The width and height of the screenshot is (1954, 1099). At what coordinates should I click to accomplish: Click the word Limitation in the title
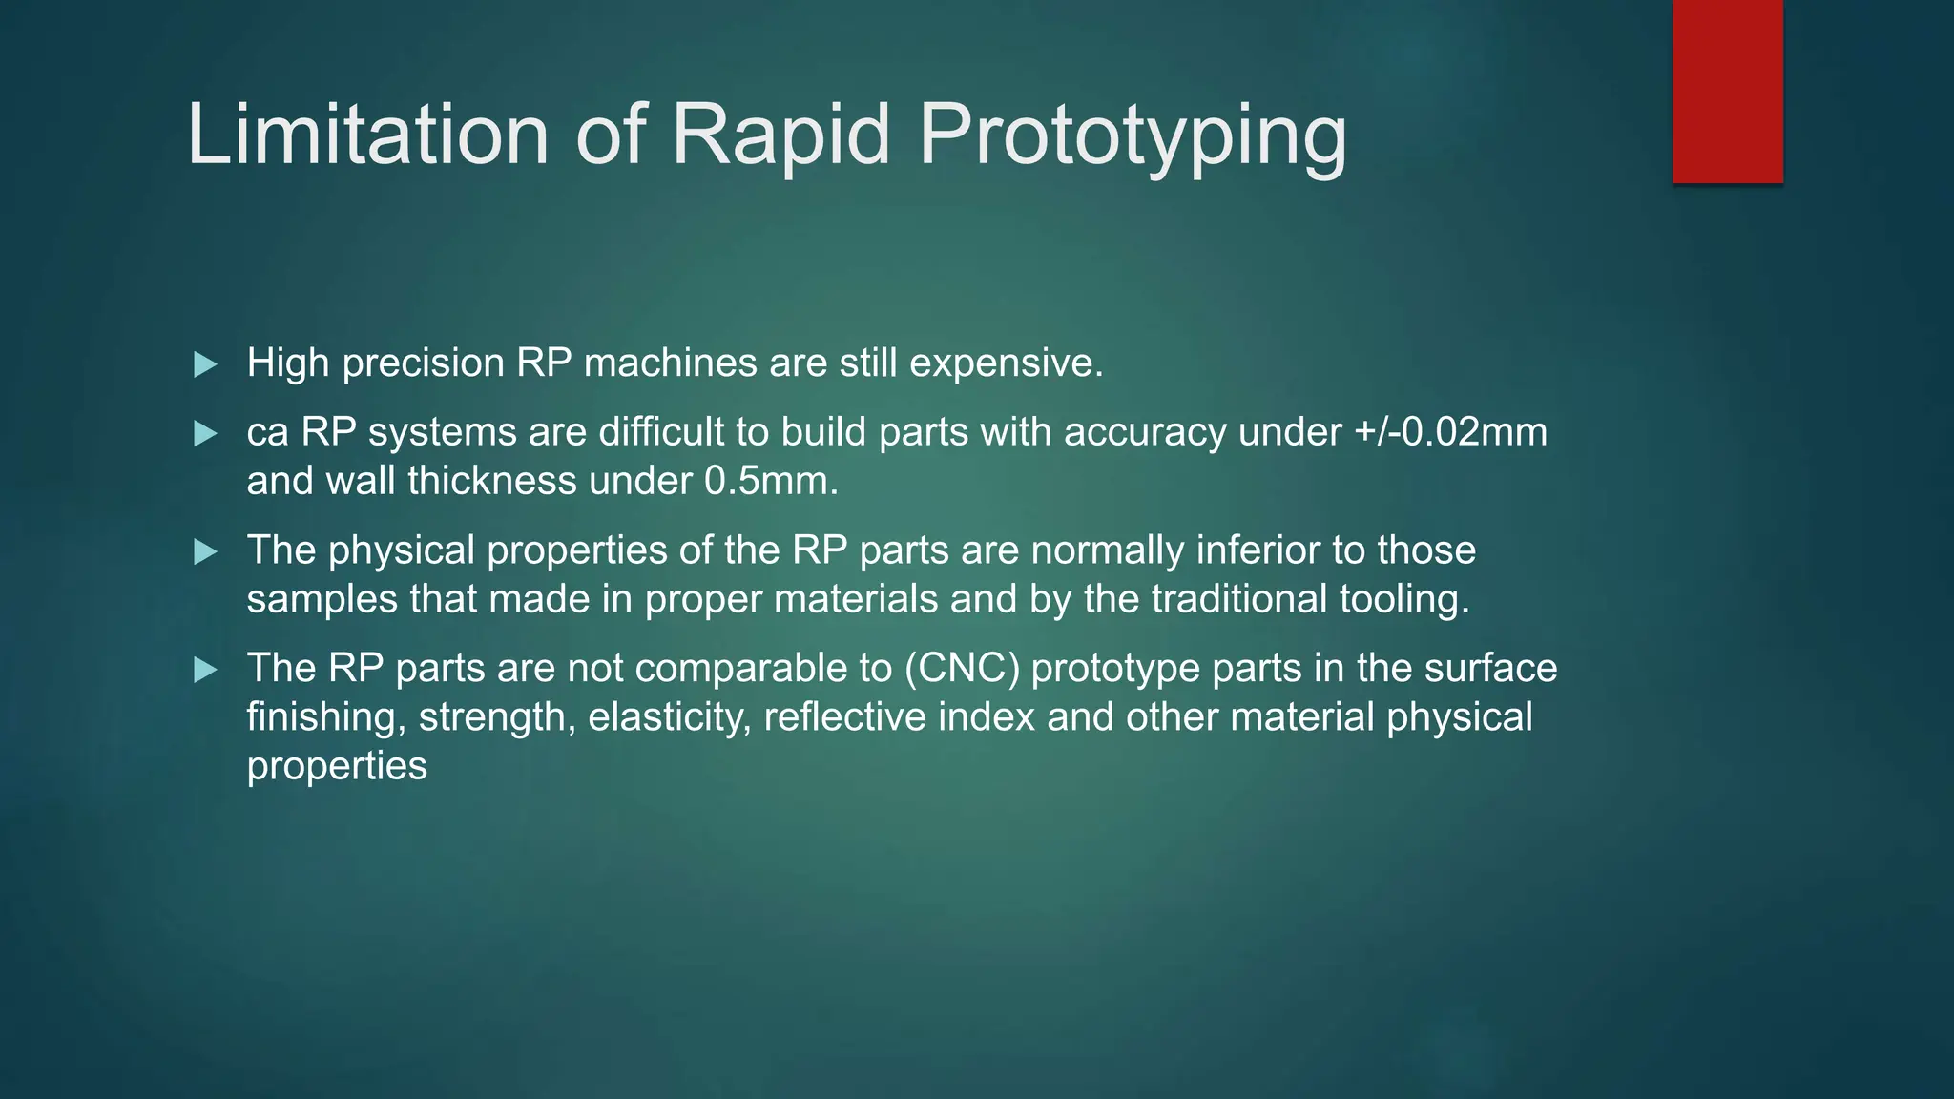tap(367, 135)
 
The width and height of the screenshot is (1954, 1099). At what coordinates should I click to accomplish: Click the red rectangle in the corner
tap(1727, 91)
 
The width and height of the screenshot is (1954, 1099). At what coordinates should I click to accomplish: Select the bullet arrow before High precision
tap(205, 364)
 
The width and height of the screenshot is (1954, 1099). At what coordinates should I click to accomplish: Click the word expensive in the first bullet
tap(1005, 363)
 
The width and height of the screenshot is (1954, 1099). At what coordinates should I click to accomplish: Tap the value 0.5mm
tap(770, 481)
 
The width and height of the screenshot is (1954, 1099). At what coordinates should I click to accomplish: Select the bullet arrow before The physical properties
tap(205, 551)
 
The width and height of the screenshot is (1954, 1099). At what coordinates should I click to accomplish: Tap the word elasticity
tap(669, 717)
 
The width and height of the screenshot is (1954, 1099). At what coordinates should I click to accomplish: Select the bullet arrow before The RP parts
tap(205, 670)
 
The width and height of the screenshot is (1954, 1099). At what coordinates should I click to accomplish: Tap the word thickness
tap(491, 481)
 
